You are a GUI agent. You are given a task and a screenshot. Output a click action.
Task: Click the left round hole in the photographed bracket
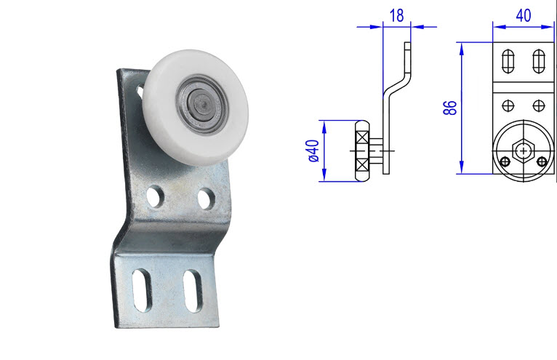[x=154, y=195]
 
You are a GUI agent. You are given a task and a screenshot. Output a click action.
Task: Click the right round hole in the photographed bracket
[x=206, y=196]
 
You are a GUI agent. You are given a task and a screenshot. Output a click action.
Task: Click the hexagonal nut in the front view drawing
[x=523, y=151]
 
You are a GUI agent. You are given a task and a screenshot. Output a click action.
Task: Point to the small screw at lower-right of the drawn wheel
[x=540, y=161]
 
